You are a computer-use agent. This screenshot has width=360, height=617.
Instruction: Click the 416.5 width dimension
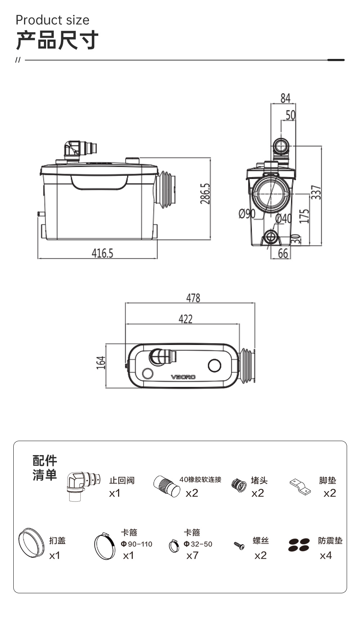pyautogui.click(x=102, y=253)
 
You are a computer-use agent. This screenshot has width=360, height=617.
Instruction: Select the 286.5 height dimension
pyautogui.click(x=205, y=194)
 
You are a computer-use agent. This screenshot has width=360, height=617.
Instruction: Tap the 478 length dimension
pyautogui.click(x=193, y=298)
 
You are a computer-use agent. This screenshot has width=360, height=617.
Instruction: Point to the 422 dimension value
pyautogui.click(x=185, y=319)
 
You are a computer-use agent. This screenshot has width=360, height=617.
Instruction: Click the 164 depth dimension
pyautogui.click(x=101, y=363)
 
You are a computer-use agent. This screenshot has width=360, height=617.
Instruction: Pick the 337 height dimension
pyautogui.click(x=316, y=192)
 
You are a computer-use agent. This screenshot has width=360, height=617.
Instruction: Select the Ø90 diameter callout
pyautogui.click(x=247, y=214)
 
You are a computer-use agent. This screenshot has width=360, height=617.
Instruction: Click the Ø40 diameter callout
pyautogui.click(x=283, y=218)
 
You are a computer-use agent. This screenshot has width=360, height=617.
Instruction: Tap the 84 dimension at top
pyautogui.click(x=285, y=98)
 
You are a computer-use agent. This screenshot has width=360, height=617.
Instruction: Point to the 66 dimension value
pyautogui.click(x=283, y=254)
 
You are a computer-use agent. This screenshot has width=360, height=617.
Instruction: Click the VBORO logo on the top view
pyautogui.click(x=183, y=377)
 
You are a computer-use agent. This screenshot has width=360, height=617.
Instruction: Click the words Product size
pyautogui.click(x=53, y=20)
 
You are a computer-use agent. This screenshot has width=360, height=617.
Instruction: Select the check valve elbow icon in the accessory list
pyautogui.click(x=83, y=486)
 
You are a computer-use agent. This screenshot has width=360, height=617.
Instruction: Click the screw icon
pyautogui.click(x=239, y=546)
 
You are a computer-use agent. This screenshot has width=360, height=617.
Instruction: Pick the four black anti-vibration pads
pyautogui.click(x=299, y=545)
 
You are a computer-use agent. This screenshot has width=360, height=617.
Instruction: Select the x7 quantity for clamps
pyautogui.click(x=192, y=556)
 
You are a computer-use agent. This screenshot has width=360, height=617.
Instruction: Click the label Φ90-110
pyautogui.click(x=136, y=544)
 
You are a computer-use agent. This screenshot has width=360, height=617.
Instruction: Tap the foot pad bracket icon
pyautogui.click(x=300, y=486)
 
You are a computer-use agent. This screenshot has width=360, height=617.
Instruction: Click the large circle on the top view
pyautogui.click(x=215, y=366)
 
